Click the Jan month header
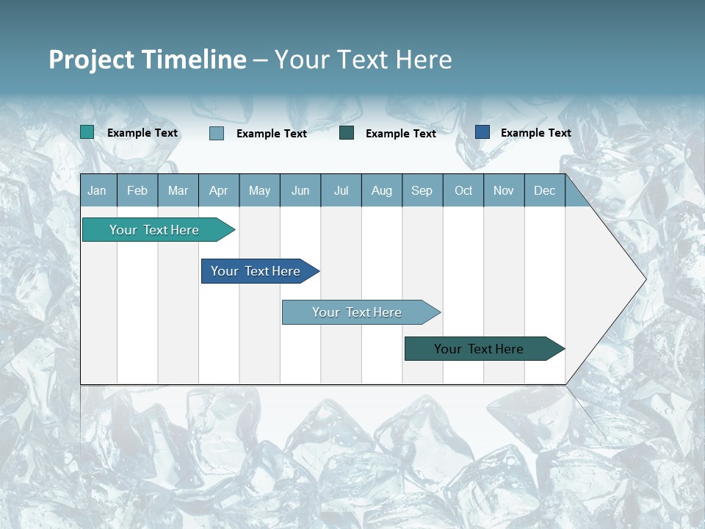click(98, 190)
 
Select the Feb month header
click(137, 190)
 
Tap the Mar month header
click(178, 190)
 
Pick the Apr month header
click(219, 190)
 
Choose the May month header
click(259, 190)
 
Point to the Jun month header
click(300, 190)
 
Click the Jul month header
click(341, 190)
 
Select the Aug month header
click(382, 190)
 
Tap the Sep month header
click(422, 190)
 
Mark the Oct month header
click(463, 190)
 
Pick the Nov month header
click(504, 190)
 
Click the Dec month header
click(545, 190)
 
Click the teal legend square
click(87, 132)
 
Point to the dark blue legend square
click(482, 132)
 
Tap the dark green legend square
click(347, 133)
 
